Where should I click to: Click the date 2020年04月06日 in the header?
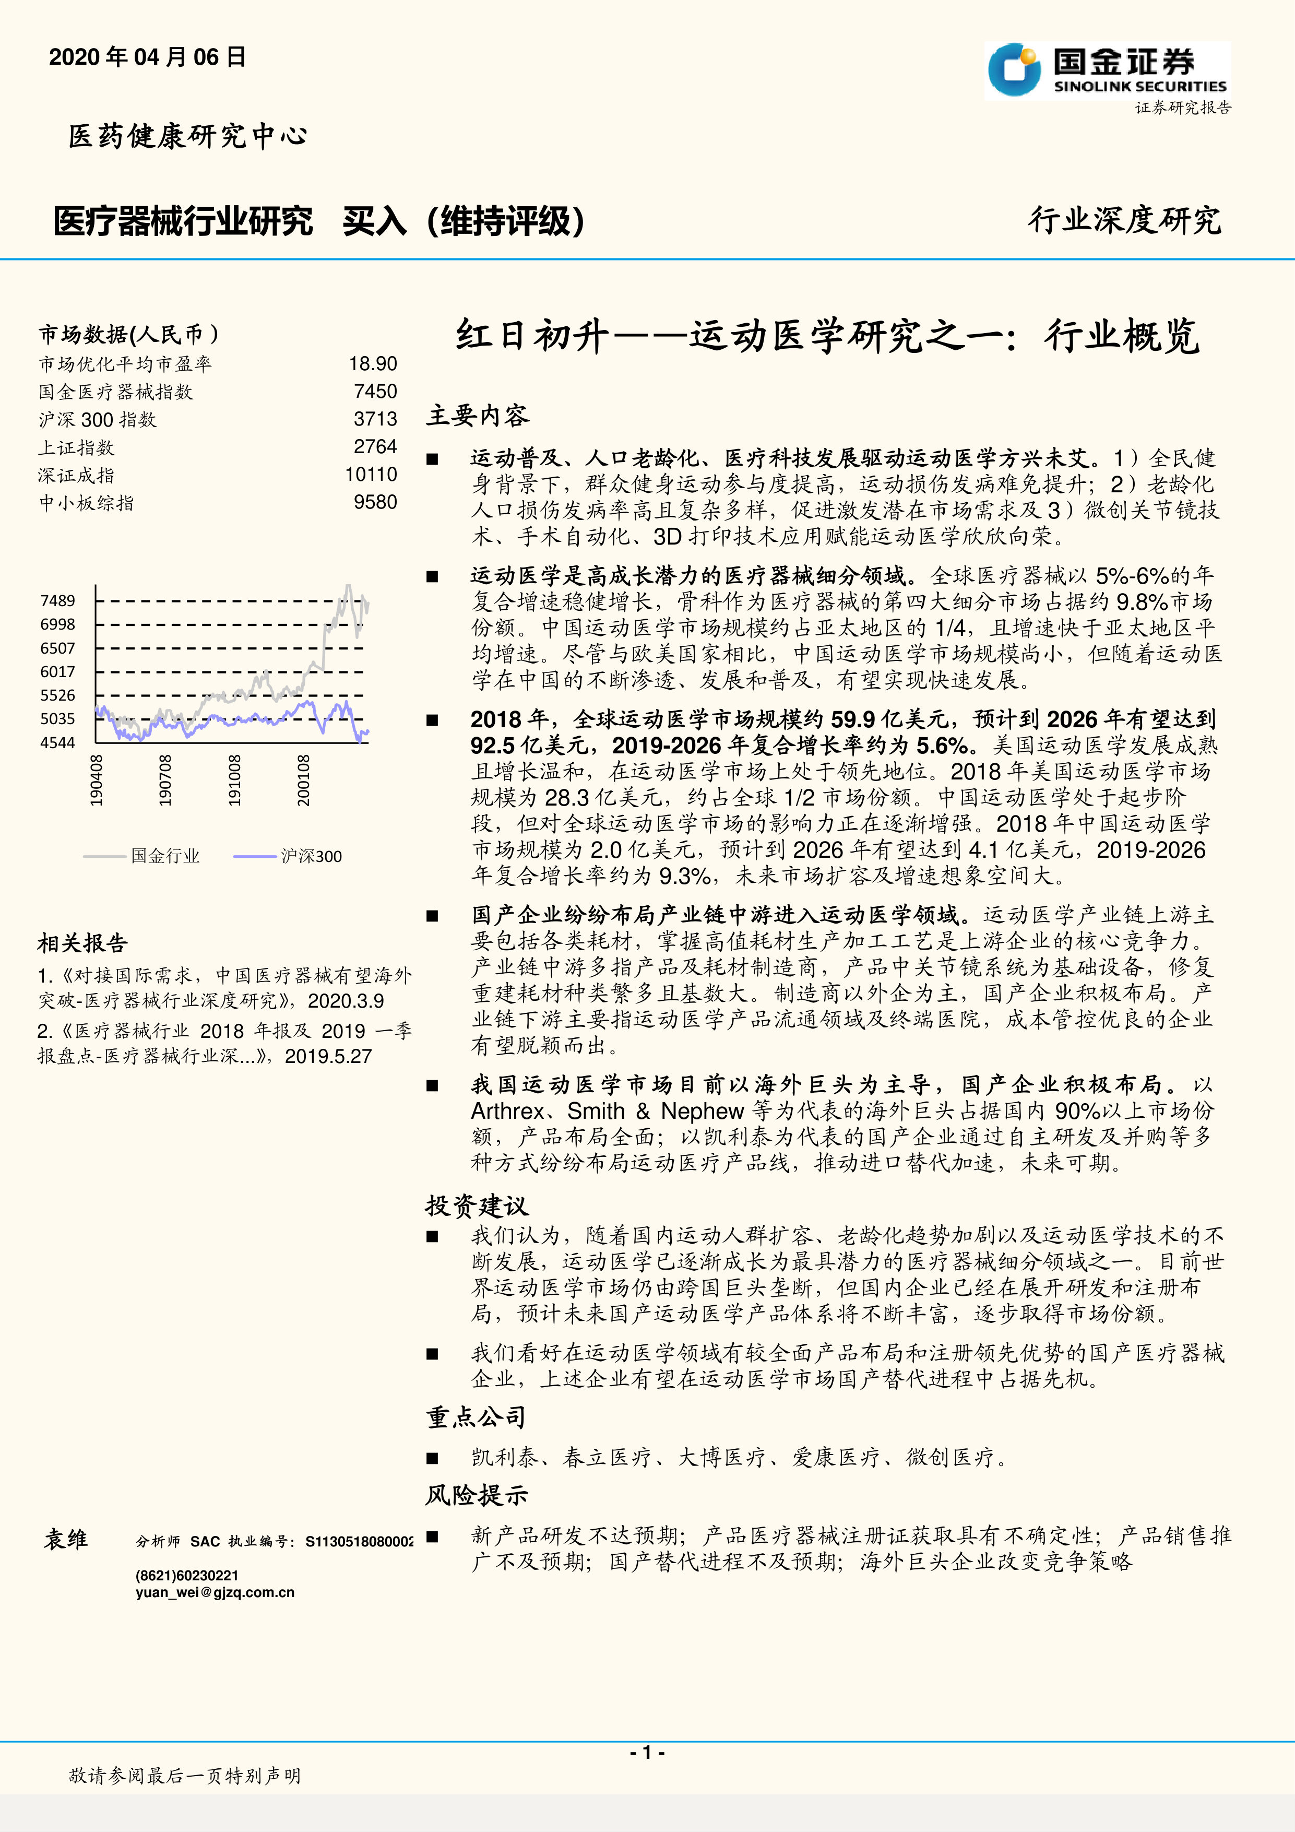148,57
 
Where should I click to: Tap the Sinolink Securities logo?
1108,70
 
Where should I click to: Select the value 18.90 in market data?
373,364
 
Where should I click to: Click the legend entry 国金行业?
165,856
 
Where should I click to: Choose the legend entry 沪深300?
311,856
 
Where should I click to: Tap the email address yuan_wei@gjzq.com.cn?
215,1593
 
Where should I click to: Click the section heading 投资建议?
477,1205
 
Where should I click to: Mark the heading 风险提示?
477,1495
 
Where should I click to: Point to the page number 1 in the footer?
647,1752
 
